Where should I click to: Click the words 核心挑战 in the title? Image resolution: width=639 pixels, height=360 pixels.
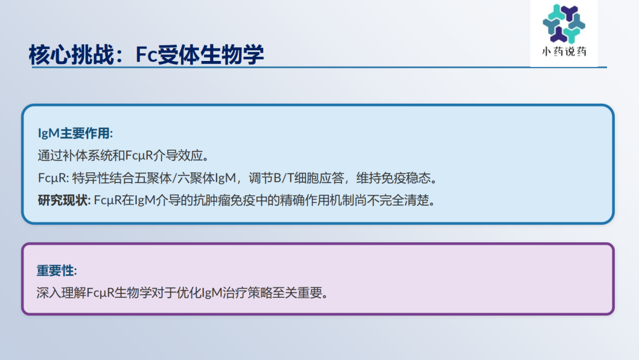pyautogui.click(x=72, y=54)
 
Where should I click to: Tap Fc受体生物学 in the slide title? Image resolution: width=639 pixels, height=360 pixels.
pyautogui.click(x=199, y=54)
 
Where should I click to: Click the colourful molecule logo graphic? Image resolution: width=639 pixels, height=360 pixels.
pyautogui.click(x=564, y=24)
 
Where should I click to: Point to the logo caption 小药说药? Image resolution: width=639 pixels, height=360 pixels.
pyautogui.click(x=564, y=52)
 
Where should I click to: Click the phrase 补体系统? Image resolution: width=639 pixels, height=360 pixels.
pyautogui.click(x=87, y=155)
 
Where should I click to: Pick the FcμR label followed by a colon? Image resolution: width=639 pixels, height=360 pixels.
pyautogui.click(x=53, y=178)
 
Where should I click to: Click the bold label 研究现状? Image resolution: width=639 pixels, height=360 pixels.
pyautogui.click(x=63, y=200)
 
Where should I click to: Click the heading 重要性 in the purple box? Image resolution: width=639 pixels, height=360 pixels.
pyautogui.click(x=56, y=271)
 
